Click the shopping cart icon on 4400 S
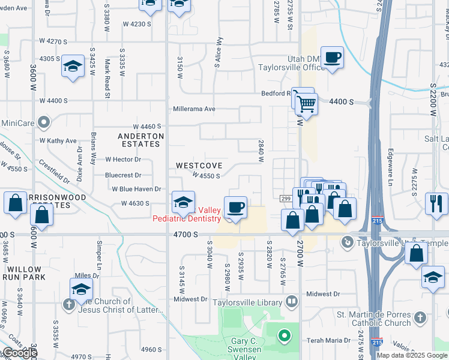pos(306,104)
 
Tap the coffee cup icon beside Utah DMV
pos(332,58)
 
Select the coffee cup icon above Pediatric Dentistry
pos(237,208)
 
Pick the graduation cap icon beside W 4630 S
pos(183,202)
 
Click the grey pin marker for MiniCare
pos(43,123)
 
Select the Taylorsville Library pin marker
pos(292,301)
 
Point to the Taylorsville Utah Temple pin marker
pos(346,242)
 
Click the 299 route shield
pos(286,199)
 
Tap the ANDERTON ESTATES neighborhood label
pos(140,140)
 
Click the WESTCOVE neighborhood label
pos(199,165)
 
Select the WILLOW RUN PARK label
pos(21,274)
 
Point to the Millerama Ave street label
pos(194,109)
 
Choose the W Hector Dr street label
pos(123,159)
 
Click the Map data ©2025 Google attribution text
pos(412,355)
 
